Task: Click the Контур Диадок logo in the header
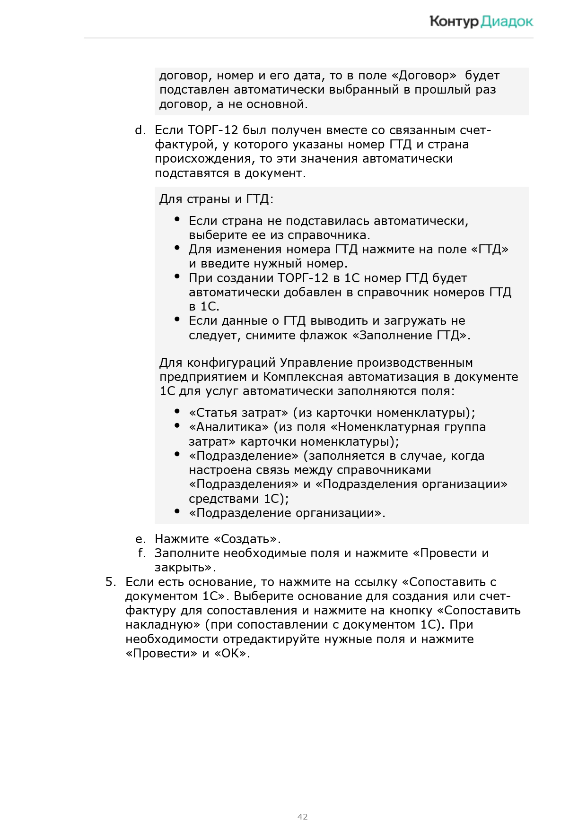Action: (x=481, y=21)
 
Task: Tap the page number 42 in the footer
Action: (x=302, y=816)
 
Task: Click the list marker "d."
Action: (x=140, y=130)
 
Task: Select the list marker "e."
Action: (x=140, y=539)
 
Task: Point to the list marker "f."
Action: (x=141, y=553)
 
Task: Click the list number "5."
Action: (x=111, y=582)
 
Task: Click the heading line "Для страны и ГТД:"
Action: (x=216, y=199)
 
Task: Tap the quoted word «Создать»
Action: (x=246, y=539)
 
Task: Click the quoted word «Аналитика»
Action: (x=229, y=427)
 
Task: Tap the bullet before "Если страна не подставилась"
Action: (x=177, y=219)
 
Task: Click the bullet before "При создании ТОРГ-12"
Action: (x=177, y=276)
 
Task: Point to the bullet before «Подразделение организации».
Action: (x=177, y=511)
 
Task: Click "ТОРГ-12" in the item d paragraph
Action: (x=212, y=130)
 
